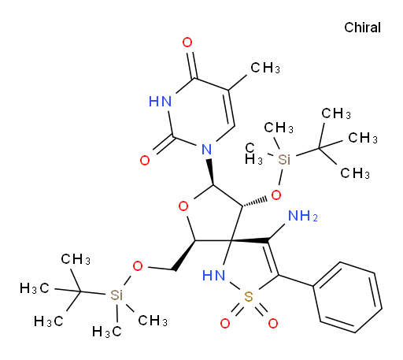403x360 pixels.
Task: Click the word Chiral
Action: click(x=362, y=28)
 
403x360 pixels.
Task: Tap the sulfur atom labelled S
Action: click(x=248, y=296)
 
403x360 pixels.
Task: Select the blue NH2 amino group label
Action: click(x=303, y=216)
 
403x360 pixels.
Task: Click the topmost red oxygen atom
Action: click(x=187, y=43)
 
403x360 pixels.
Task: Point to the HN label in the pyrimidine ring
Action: click(x=161, y=102)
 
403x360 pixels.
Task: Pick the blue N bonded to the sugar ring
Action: click(x=207, y=150)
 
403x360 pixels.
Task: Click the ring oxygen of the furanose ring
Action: click(x=183, y=206)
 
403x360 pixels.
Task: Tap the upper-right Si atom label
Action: click(x=284, y=159)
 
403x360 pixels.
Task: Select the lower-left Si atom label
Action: click(x=116, y=295)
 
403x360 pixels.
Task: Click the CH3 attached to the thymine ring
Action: click(x=265, y=68)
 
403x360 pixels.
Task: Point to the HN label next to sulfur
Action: click(x=214, y=276)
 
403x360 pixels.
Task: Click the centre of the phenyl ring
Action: click(x=348, y=298)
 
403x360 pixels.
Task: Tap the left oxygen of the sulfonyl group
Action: click(x=225, y=324)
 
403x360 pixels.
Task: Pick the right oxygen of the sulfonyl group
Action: click(x=273, y=324)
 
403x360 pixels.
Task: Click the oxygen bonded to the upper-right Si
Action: click(x=276, y=195)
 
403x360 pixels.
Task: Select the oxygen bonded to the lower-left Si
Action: click(x=138, y=266)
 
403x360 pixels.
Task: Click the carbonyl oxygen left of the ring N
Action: click(x=145, y=160)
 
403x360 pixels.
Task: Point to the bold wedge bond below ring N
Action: click(x=211, y=172)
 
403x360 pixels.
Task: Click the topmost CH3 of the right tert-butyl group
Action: click(x=336, y=114)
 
